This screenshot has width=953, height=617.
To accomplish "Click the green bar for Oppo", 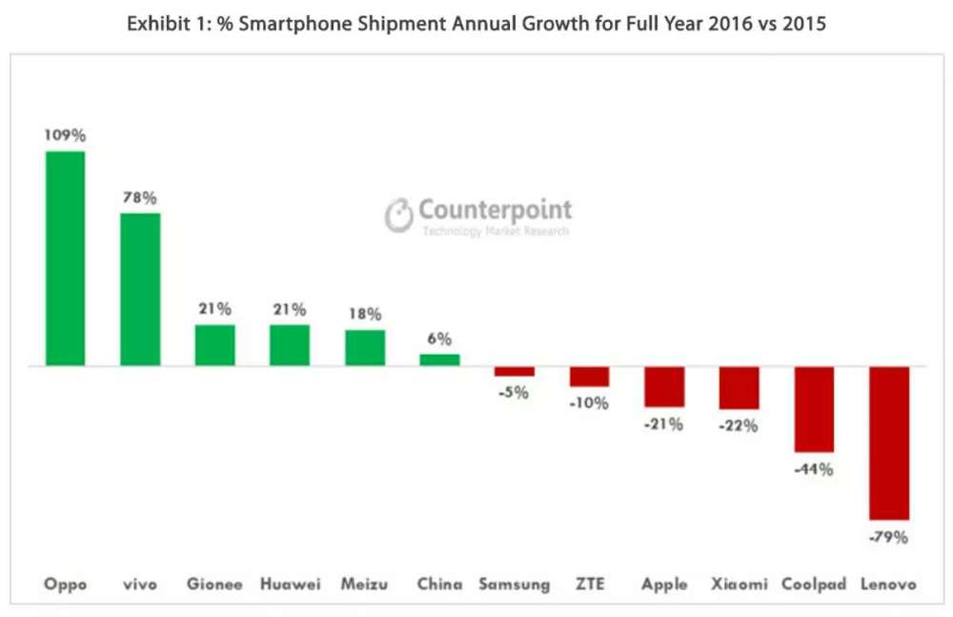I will coord(65,258).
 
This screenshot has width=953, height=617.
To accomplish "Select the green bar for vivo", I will coord(140,290).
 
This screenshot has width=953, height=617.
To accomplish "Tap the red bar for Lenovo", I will coord(888,442).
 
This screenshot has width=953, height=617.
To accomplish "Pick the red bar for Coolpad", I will coord(814,409).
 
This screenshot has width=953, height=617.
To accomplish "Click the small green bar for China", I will coord(439,360).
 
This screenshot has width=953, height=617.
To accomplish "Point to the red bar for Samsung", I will coord(514,372).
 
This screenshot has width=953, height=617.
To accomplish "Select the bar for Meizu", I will coord(365,348).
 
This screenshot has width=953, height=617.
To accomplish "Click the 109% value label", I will coord(65,135).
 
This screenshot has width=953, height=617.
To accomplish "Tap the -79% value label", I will coord(888,537).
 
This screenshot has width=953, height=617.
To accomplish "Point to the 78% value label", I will coord(140,197).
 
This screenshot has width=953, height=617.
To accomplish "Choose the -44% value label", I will coord(814,469).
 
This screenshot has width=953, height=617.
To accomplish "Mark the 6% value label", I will coord(439,339).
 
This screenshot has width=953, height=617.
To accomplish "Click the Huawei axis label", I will coord(290,584).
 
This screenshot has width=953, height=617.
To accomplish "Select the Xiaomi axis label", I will coord(739,584).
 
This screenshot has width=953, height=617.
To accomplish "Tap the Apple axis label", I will coord(664,584).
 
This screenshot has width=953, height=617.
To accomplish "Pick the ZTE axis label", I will coord(589,584).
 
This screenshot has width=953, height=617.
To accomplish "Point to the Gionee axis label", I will coord(214,584).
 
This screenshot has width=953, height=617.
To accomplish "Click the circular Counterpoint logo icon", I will coord(399,216).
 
